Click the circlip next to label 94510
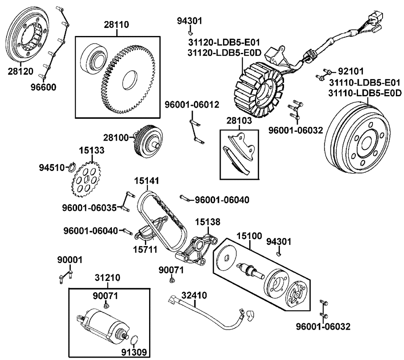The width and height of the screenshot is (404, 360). pyautogui.click(x=72, y=166)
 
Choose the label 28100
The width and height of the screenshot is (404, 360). pyautogui.click(x=118, y=138)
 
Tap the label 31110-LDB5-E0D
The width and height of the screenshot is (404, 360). pyautogui.click(x=365, y=93)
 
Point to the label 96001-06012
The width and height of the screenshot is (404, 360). pyautogui.click(x=192, y=105)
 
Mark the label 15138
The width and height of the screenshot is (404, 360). pyautogui.click(x=208, y=222)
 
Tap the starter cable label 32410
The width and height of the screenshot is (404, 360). pyautogui.click(x=194, y=295)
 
